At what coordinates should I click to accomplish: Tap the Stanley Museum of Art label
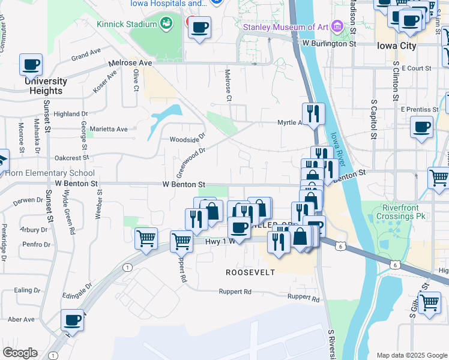(x=286, y=26)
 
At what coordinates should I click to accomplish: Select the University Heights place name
(x=46, y=85)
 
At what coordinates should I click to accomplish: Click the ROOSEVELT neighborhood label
(x=250, y=272)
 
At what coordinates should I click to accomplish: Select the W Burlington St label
(x=330, y=43)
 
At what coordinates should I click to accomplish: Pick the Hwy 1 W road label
(x=220, y=241)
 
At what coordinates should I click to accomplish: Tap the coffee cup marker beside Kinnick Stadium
(x=199, y=26)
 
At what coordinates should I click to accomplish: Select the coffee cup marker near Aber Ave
(x=72, y=320)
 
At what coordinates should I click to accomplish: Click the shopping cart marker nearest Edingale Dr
(x=146, y=239)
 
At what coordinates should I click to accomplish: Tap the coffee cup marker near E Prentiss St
(x=421, y=127)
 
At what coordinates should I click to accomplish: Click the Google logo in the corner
(x=20, y=353)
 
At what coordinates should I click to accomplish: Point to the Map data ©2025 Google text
(x=411, y=355)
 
